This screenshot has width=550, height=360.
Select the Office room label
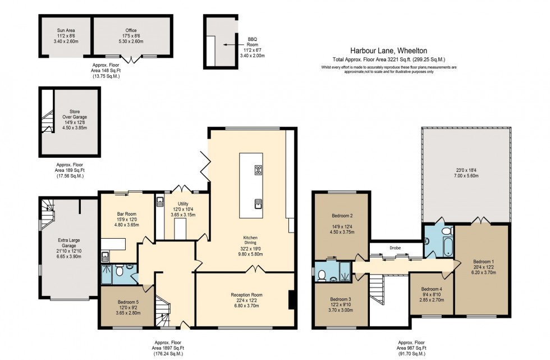(131, 30)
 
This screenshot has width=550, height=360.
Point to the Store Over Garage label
(71, 114)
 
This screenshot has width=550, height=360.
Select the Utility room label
(183, 204)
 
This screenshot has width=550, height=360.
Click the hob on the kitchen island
(258, 170)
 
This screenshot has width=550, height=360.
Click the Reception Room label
(246, 294)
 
